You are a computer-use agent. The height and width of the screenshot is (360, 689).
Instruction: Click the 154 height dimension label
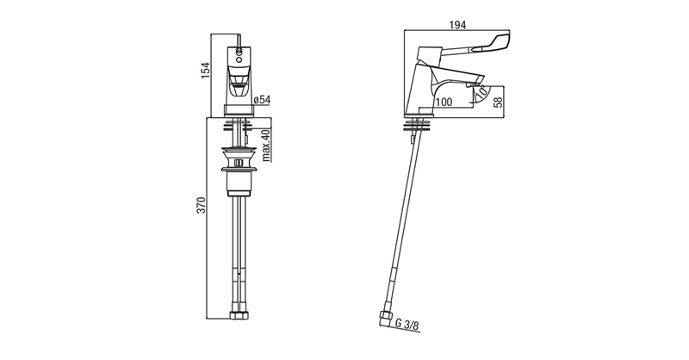(206, 71)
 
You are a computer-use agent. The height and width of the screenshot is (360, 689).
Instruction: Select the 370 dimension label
(201, 205)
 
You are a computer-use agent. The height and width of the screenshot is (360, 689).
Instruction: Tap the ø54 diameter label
(263, 100)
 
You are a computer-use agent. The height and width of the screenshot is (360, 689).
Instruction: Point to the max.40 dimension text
(266, 146)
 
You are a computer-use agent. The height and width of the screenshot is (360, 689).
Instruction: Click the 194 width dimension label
(457, 25)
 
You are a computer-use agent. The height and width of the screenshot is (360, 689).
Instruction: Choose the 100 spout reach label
(444, 102)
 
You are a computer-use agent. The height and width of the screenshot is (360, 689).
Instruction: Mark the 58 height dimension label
(498, 102)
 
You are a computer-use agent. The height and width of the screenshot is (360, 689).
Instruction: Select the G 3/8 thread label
(407, 326)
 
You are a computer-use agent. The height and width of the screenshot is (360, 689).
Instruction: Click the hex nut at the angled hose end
(385, 319)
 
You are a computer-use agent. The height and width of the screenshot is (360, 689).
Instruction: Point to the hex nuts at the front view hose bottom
(239, 315)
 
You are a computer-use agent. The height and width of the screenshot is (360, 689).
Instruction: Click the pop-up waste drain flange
(239, 151)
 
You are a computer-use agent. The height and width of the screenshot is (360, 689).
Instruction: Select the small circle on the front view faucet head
(239, 56)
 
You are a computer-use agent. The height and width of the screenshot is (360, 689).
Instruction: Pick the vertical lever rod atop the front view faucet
(239, 40)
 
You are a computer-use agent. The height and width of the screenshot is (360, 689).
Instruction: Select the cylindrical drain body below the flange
(239, 183)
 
